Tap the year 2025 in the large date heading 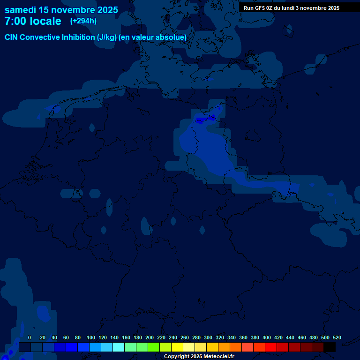[x=105, y=9]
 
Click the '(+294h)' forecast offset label [x=83, y=21]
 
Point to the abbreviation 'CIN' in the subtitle [x=11, y=37]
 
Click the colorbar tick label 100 [x=91, y=337]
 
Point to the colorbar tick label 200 [x=150, y=337]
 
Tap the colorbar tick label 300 [x=208, y=337]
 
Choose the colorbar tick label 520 [x=337, y=337]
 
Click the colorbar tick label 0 [x=30, y=337]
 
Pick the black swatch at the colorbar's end [x=330, y=347]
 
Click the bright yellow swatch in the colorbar [x=177, y=347]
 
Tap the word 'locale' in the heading [x=45, y=21]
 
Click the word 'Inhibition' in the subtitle [x=78, y=37]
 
